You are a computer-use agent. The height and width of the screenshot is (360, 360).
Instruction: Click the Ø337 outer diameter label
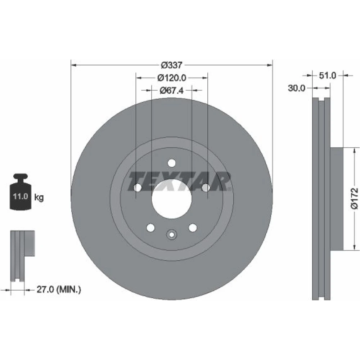coord(171,65)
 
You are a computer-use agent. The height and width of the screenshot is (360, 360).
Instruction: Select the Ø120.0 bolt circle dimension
coord(172,78)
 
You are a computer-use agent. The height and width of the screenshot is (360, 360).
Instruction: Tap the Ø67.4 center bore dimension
coord(171,90)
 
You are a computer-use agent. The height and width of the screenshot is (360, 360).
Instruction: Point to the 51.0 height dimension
coord(328,75)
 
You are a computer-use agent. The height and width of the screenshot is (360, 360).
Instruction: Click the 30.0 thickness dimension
coord(296,88)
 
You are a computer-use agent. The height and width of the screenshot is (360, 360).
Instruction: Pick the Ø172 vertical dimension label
coord(354,199)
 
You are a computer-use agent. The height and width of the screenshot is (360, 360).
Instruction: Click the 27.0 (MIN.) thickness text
coord(59,289)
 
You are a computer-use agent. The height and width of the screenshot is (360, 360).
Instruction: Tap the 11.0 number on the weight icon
coord(21,197)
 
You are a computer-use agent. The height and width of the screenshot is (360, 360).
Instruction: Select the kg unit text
coord(39,197)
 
